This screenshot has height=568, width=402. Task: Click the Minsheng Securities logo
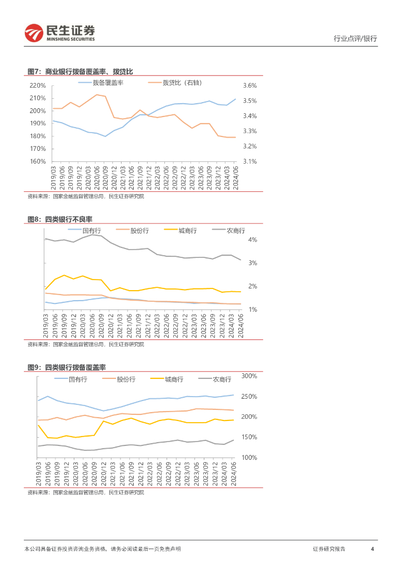tap(59, 33)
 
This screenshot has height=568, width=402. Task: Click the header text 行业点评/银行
tap(355, 39)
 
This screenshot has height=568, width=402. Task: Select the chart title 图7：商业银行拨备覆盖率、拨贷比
tap(81, 72)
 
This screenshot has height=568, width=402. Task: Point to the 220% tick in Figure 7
tap(37, 85)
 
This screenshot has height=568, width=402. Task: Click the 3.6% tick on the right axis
tap(250, 85)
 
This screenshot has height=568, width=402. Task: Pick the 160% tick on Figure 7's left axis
tap(37, 161)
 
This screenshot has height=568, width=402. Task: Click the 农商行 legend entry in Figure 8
tap(236, 230)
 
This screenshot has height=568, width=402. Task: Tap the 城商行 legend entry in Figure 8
tap(188, 230)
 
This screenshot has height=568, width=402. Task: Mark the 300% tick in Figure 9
tap(249, 376)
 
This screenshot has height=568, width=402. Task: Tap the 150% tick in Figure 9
tap(249, 437)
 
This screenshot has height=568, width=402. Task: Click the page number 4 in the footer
tap(372, 549)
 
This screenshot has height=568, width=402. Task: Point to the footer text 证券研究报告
tap(329, 549)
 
